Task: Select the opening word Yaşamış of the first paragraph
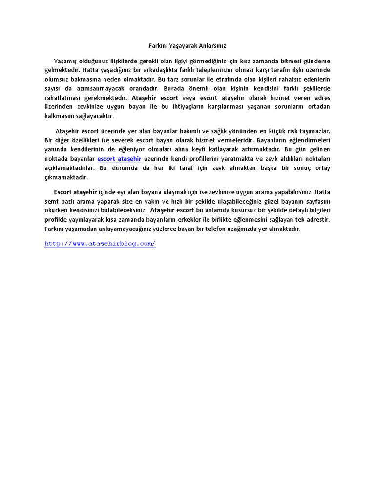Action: click(x=68, y=61)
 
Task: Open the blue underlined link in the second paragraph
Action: click(x=119, y=159)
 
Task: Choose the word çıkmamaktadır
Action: click(x=66, y=178)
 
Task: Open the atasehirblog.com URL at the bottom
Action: click(x=100, y=243)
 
